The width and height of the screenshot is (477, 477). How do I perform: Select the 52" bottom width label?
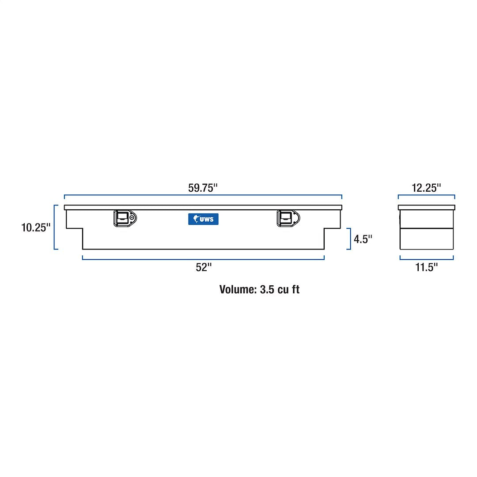pos(204,268)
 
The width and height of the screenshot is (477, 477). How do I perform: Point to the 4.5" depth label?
pos(363,239)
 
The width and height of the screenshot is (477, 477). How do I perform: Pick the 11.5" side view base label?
pos(427,267)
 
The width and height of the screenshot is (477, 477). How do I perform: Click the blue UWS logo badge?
pos(203,219)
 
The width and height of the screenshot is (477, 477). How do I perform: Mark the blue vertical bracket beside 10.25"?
pos(55,227)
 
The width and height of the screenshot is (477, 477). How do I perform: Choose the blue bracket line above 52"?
pos(203,259)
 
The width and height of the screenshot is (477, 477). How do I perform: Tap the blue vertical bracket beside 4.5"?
pos(350,239)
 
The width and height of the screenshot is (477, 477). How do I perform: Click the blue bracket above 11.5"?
pos(426,259)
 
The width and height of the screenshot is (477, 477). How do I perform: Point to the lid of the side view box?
pos(426,207)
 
